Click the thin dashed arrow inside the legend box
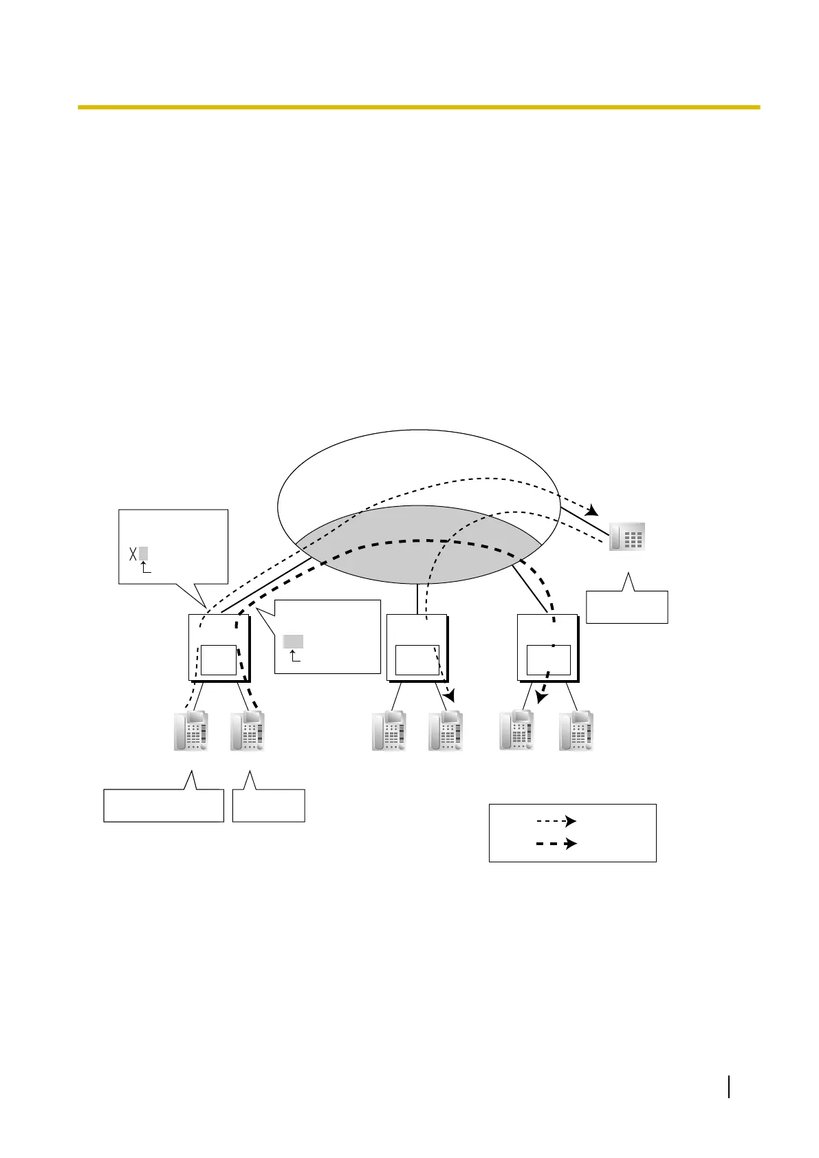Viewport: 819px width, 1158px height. coord(556,821)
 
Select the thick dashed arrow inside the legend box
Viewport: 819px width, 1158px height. coord(556,843)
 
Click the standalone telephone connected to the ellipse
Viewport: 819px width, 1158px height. coord(627,536)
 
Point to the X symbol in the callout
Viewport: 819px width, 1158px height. coord(133,554)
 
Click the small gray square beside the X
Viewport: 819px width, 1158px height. coord(143,554)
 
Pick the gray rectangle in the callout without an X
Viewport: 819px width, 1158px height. coord(293,642)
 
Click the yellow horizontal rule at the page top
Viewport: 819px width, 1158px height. coord(418,107)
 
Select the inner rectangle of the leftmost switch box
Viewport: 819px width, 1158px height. coord(219,660)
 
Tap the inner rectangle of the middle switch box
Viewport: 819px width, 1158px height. coord(417,660)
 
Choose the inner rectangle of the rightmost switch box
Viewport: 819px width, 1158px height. coord(548,660)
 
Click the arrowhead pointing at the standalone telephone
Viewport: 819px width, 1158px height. coord(592,512)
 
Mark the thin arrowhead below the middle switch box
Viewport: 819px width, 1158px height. coord(450,697)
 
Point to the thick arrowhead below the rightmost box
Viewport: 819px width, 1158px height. coord(542,697)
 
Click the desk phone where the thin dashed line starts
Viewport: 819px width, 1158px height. coord(190,732)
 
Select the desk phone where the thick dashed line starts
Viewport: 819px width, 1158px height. coord(248,732)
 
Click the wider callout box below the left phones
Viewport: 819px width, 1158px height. coord(164,805)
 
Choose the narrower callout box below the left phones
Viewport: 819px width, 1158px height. coord(268,805)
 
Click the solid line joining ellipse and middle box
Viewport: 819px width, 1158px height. coord(417,599)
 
